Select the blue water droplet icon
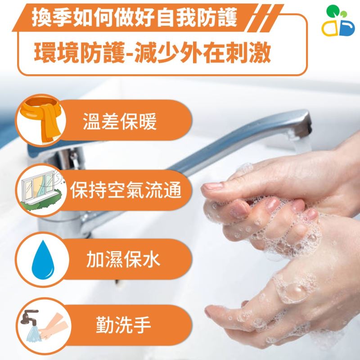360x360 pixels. [x=43, y=260]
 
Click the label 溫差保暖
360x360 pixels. [x=120, y=121]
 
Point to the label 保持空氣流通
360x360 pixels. [x=126, y=190]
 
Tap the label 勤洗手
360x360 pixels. [x=123, y=324]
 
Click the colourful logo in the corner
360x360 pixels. [x=338, y=20]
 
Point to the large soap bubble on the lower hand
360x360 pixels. [x=292, y=292]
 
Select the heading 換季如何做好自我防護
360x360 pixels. [x=134, y=18]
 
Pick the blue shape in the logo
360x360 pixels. [x=347, y=28]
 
